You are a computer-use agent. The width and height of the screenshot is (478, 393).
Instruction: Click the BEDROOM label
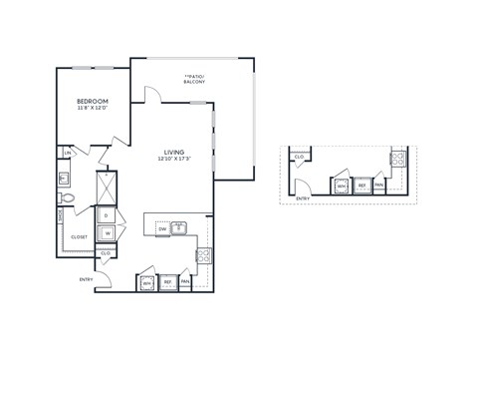(93, 102)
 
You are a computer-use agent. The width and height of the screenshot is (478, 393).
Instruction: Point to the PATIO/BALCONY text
(194, 78)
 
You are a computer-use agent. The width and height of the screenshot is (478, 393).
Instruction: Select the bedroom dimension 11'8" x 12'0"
(93, 109)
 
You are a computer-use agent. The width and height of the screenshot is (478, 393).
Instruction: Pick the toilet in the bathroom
(65, 197)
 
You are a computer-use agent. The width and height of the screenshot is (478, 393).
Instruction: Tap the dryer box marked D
(106, 214)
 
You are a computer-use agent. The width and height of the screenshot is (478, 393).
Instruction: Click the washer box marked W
(106, 233)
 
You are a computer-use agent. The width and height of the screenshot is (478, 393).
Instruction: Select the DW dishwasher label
(162, 230)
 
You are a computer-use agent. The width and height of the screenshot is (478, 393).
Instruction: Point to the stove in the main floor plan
(203, 256)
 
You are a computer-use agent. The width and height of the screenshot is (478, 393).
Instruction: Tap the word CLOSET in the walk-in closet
(79, 236)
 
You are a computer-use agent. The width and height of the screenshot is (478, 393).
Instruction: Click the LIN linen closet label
(67, 153)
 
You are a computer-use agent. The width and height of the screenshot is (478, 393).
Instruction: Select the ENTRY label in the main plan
(86, 279)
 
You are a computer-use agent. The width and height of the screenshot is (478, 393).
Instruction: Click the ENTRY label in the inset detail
(303, 199)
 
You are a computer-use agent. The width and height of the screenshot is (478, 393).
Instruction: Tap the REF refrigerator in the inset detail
(362, 186)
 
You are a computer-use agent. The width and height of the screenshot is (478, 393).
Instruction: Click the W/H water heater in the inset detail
(342, 186)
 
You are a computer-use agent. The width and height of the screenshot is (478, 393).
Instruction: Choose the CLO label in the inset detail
(299, 157)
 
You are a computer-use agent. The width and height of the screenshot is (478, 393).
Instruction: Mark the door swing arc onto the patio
(152, 95)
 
